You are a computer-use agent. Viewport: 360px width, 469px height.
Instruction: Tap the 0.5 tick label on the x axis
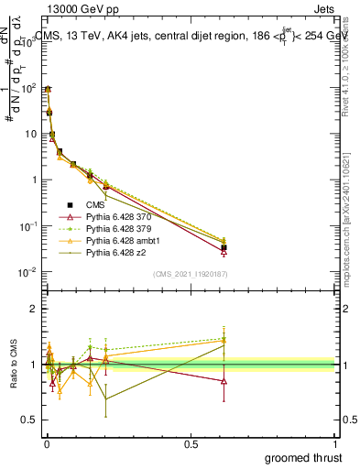191,444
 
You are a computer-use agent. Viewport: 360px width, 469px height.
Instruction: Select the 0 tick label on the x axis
47,444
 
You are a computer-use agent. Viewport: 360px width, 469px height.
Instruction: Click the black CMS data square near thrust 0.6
224,247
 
